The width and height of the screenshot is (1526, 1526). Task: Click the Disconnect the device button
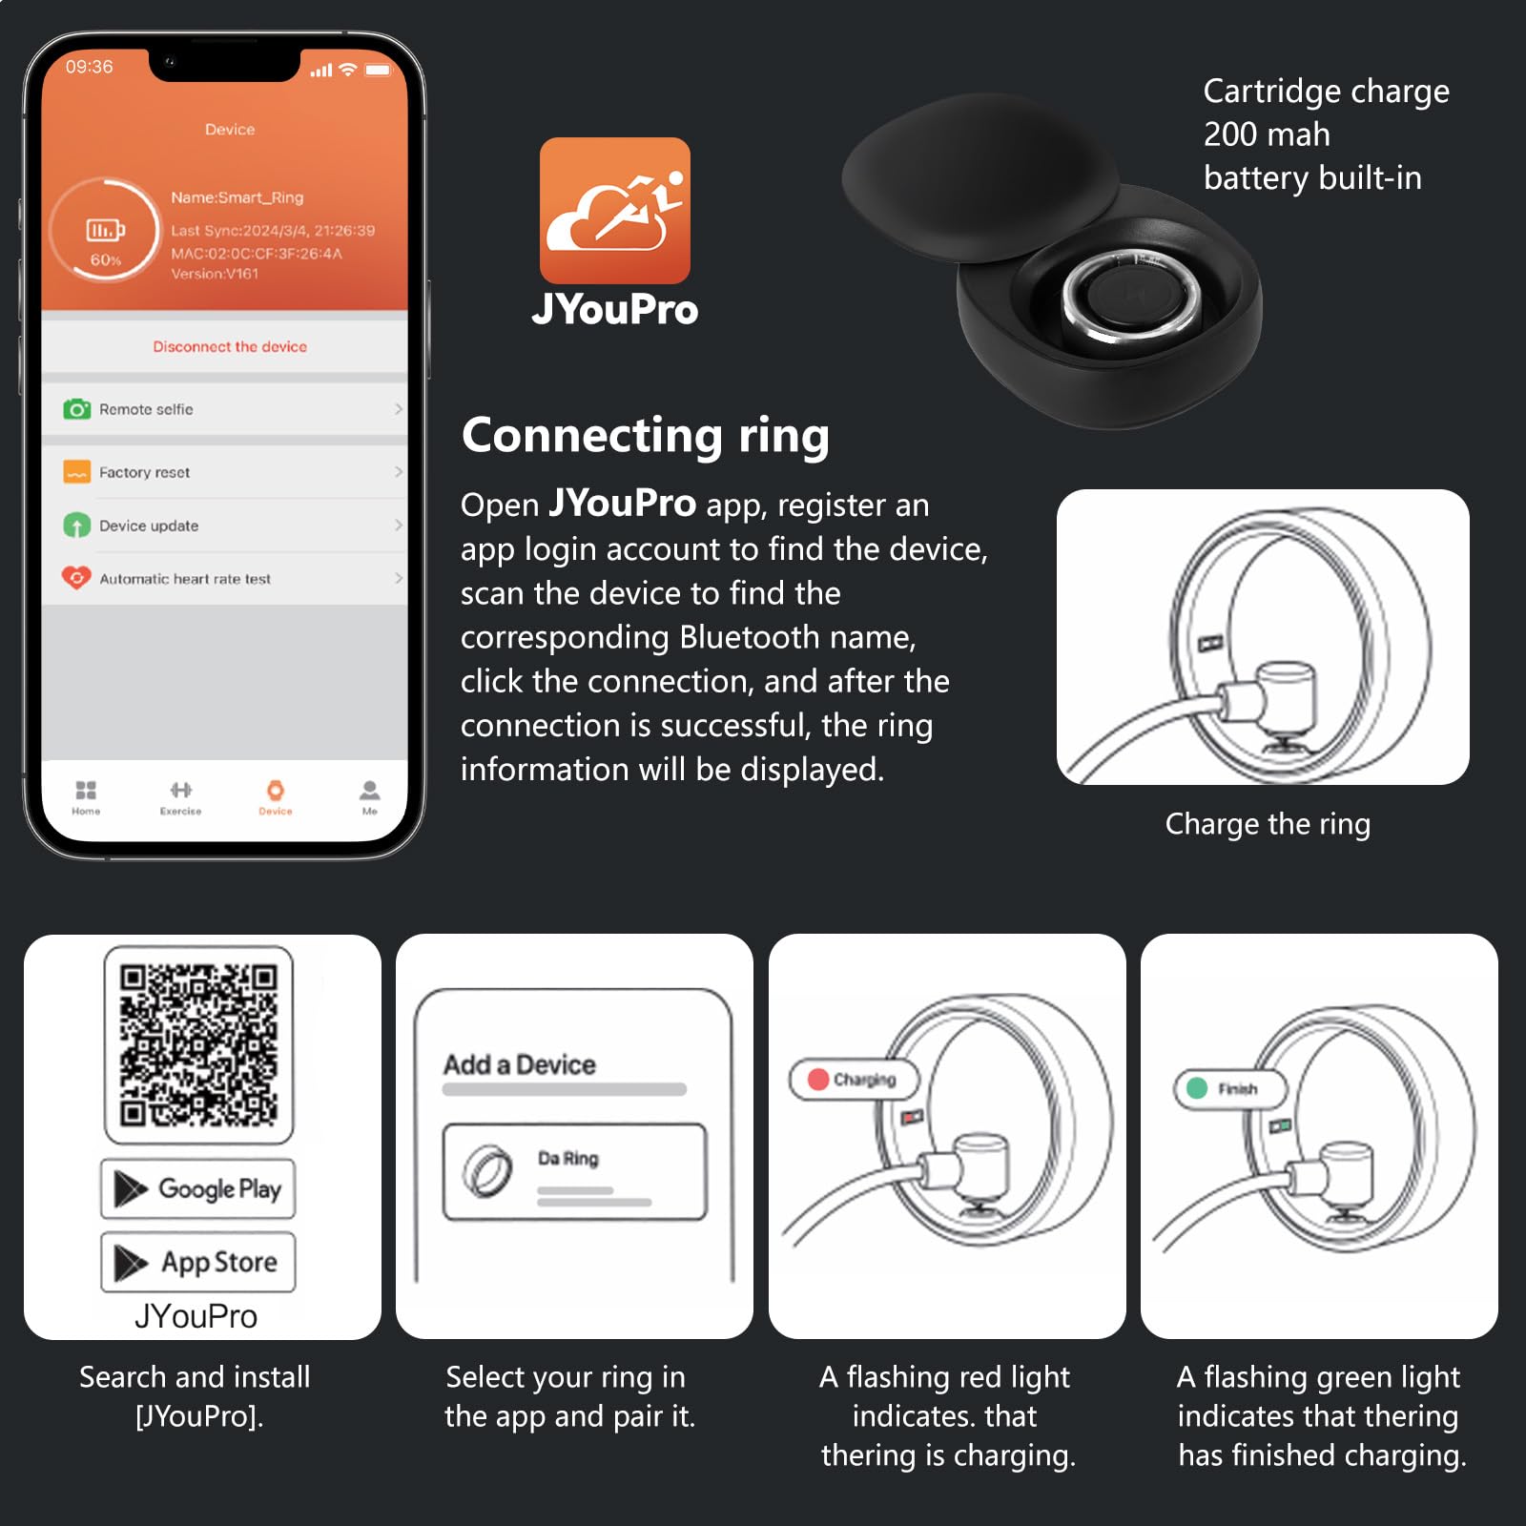click(230, 346)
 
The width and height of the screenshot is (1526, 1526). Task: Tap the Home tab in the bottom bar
click(86, 797)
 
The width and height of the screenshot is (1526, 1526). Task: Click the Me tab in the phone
click(369, 797)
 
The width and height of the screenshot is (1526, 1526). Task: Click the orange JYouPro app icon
click(615, 211)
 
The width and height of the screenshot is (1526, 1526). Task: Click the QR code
click(198, 1044)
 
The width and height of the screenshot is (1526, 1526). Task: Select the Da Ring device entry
click(575, 1172)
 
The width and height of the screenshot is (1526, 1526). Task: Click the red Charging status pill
click(854, 1080)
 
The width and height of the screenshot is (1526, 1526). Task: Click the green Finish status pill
click(1230, 1088)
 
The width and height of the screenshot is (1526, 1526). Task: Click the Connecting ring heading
click(646, 436)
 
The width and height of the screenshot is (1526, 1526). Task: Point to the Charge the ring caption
click(1268, 823)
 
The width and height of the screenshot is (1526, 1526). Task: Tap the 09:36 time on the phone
click(89, 67)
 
